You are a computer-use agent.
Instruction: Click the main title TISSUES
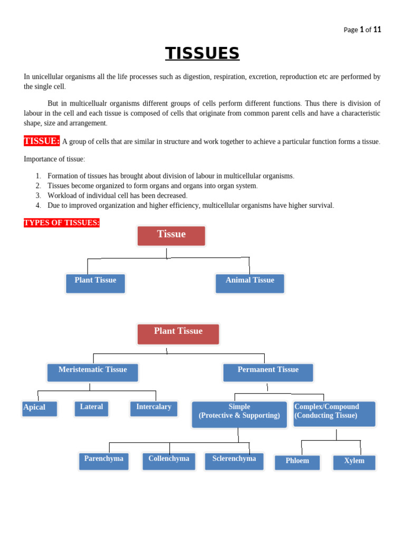pyautogui.click(x=202, y=53)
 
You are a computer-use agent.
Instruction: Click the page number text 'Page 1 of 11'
pyautogui.click(x=362, y=30)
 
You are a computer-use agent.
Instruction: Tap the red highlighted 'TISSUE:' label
pyautogui.click(x=42, y=141)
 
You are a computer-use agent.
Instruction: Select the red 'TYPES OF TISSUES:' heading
pyautogui.click(x=62, y=223)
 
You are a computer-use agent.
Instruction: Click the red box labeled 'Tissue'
pyautogui.click(x=171, y=236)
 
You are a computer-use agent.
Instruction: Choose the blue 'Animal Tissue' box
pyautogui.click(x=250, y=283)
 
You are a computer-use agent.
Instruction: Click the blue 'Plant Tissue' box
pyautogui.click(x=95, y=283)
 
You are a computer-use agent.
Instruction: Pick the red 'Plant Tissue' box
pyautogui.click(x=178, y=334)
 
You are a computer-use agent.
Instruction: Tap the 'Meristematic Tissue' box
pyautogui.click(x=93, y=372)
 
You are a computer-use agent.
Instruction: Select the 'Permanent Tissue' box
pyautogui.click(x=268, y=372)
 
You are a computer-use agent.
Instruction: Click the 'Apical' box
pyautogui.click(x=40, y=409)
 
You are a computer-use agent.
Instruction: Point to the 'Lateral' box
pyautogui.click(x=92, y=409)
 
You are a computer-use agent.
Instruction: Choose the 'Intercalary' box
pyautogui.click(x=154, y=409)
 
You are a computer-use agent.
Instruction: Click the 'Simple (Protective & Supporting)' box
pyautogui.click(x=239, y=414)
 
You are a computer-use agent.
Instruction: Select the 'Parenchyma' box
pyautogui.click(x=104, y=461)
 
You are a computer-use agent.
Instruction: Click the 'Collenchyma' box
pyautogui.click(x=169, y=461)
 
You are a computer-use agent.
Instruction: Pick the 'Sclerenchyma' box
pyautogui.click(x=234, y=461)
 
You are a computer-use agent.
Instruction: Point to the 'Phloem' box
pyautogui.click(x=297, y=462)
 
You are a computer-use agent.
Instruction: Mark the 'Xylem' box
pyautogui.click(x=354, y=462)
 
